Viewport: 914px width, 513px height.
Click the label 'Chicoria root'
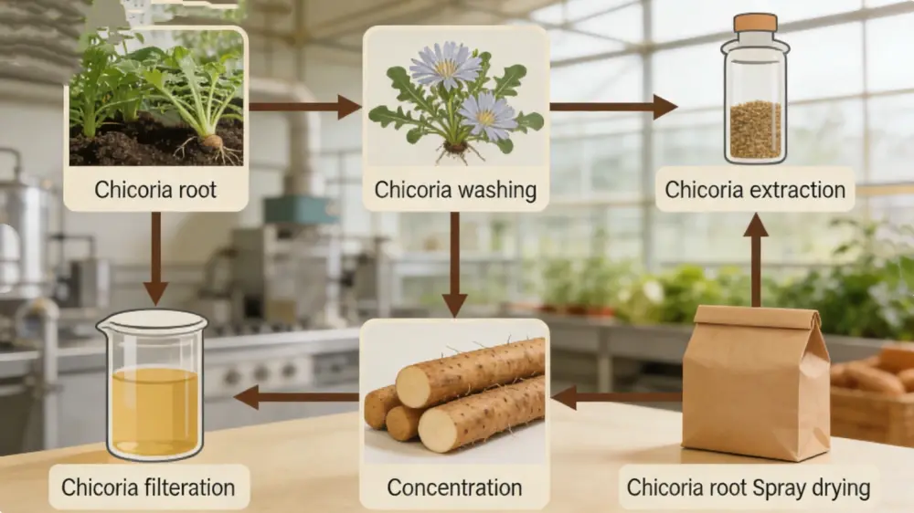point(155,191)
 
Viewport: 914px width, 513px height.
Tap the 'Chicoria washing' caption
point(454,191)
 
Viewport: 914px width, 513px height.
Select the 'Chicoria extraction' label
point(755,191)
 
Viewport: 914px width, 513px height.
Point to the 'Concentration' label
point(454,487)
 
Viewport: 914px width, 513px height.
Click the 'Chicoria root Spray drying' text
point(748,487)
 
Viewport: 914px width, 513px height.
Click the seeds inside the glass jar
point(755,128)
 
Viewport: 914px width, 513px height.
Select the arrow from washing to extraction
point(612,107)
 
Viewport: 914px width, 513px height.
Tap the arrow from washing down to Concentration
point(454,265)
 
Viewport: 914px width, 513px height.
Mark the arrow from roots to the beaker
point(297,397)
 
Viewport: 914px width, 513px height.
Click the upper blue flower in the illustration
point(445,65)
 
